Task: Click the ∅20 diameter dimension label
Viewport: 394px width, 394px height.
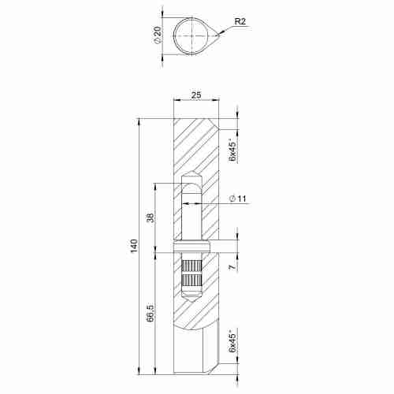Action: (159, 35)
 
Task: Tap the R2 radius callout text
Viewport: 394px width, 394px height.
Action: (241, 22)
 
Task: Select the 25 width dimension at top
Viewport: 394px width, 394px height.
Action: (195, 95)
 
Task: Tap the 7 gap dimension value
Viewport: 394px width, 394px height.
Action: (232, 268)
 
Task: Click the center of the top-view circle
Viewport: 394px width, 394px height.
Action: (191, 35)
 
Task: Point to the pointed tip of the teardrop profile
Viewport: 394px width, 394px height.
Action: (220, 35)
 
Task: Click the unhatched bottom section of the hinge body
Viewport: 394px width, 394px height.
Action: (193, 351)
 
